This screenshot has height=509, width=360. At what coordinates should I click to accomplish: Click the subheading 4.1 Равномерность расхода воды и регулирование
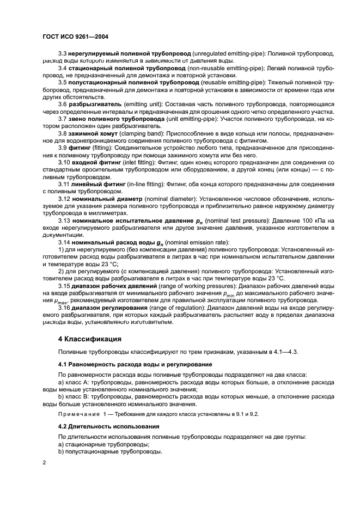pyautogui.click(x=135, y=363)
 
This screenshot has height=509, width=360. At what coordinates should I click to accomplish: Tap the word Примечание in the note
pyautogui.click(x=81, y=414)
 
